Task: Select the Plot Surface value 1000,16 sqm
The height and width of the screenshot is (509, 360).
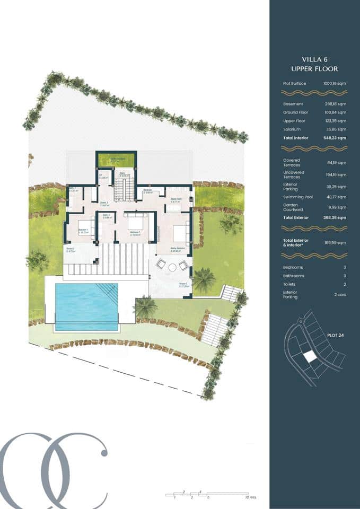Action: tap(335, 83)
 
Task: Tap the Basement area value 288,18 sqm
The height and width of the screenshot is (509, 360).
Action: tap(335, 104)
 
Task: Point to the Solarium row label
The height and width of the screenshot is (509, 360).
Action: tap(292, 129)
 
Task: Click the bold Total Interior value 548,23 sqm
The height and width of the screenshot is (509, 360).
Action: tap(335, 138)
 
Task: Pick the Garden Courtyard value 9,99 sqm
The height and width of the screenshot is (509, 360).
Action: tap(337, 207)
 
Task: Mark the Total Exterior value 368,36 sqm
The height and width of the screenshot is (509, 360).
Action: tap(335, 218)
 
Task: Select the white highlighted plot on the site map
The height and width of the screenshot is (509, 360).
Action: tap(310, 356)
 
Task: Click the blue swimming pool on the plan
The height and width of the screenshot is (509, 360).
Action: tap(86, 306)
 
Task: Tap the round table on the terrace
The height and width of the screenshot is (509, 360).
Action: tap(172, 267)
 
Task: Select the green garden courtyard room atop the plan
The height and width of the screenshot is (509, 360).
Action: tap(116, 160)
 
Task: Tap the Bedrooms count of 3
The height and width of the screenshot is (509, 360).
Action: tap(345, 267)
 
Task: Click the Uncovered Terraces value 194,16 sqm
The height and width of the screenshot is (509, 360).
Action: tap(335, 174)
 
